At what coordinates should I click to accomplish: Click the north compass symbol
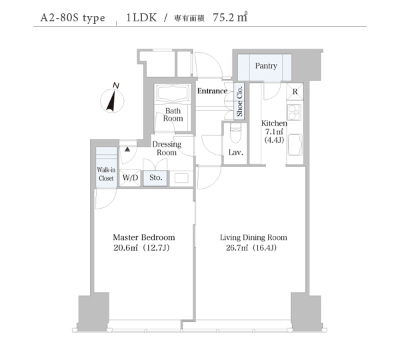pyautogui.click(x=112, y=99)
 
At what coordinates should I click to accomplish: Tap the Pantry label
pyautogui.click(x=266, y=66)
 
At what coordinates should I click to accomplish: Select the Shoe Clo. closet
pyautogui.click(x=239, y=101)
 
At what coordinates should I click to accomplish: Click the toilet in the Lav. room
pyautogui.click(x=235, y=133)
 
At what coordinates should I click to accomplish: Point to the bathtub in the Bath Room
pyautogui.click(x=173, y=93)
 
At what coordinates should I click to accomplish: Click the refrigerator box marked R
pyautogui.click(x=295, y=91)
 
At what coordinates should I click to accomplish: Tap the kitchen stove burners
pyautogui.click(x=294, y=112)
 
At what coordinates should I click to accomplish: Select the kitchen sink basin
pyautogui.click(x=295, y=145)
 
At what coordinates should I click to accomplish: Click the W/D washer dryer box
pyautogui.click(x=130, y=177)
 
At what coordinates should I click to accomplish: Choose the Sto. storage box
pyautogui.click(x=155, y=178)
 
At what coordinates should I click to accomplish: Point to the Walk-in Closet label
pyautogui.click(x=106, y=174)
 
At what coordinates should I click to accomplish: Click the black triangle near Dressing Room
pyautogui.click(x=127, y=149)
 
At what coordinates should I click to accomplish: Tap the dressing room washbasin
pyautogui.click(x=181, y=178)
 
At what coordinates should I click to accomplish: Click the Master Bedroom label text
pyautogui.click(x=144, y=237)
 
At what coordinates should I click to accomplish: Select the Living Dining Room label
pyautogui.click(x=253, y=237)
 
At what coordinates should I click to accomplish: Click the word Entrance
pyautogui.click(x=212, y=91)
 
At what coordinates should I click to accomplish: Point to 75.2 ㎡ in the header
pyautogui.click(x=230, y=17)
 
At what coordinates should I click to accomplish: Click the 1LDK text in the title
pyautogui.click(x=141, y=17)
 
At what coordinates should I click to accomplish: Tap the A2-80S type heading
pyautogui.click(x=73, y=18)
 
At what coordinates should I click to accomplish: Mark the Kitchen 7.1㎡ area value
pyautogui.click(x=274, y=132)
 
